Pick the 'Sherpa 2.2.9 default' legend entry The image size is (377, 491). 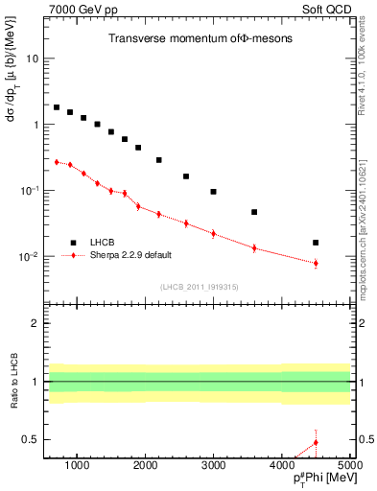pyautogui.click(x=123, y=255)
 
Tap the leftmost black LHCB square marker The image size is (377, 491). pyautogui.click(x=57, y=107)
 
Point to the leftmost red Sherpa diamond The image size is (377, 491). pyautogui.click(x=57, y=162)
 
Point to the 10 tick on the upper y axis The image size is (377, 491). pyautogui.click(x=33, y=58)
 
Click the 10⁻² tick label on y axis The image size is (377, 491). pyautogui.click(x=29, y=256)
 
